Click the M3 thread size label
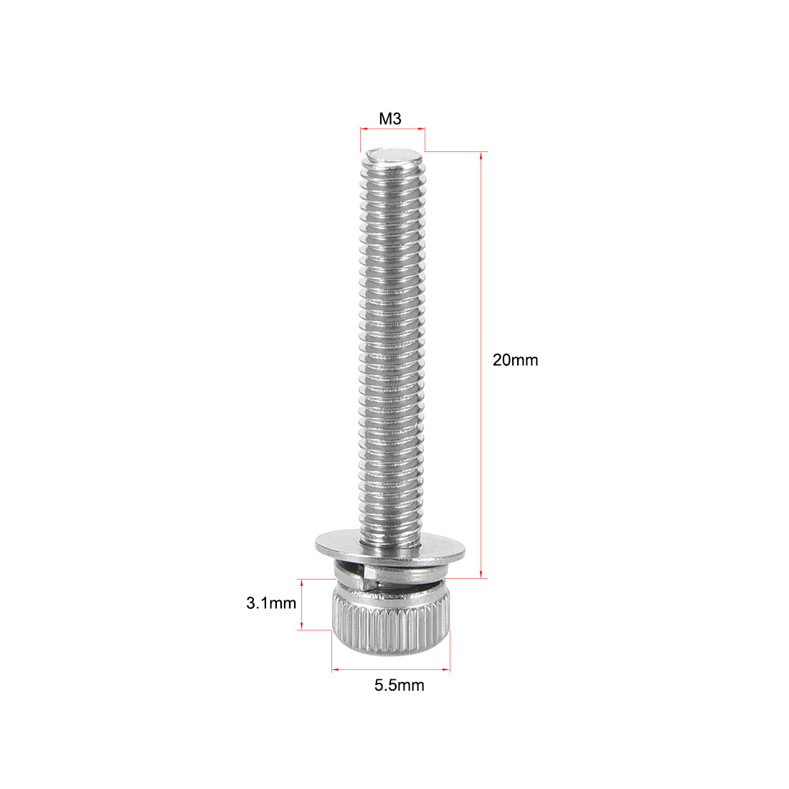coord(390,119)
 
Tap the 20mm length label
coord(515,360)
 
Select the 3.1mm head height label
coord(271,603)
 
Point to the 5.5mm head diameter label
coord(399,685)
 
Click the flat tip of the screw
coord(392,155)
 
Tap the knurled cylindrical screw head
coord(391,624)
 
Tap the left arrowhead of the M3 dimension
coord(362,129)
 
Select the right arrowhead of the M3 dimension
coord(422,129)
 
